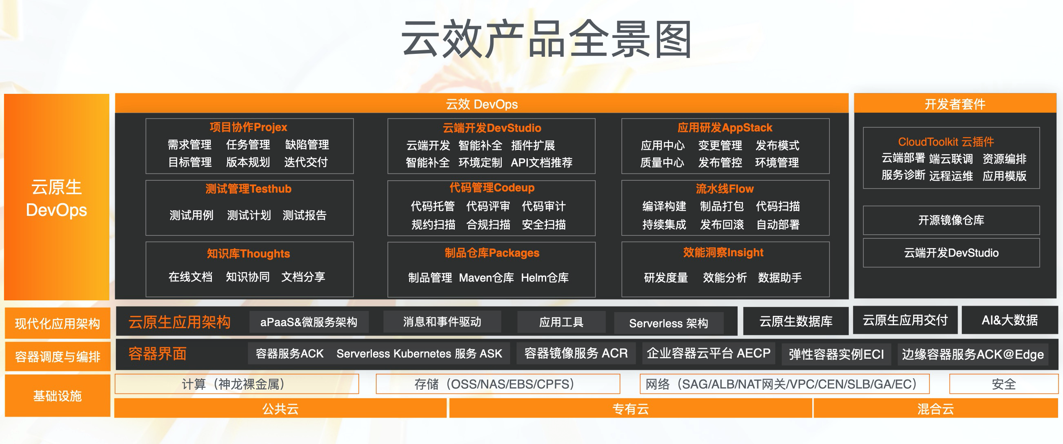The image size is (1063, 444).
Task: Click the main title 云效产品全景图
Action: [x=546, y=40]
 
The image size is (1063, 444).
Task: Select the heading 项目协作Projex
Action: [x=249, y=127]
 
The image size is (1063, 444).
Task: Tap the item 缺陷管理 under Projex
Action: [x=307, y=145]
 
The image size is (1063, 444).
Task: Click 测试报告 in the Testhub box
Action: [x=305, y=215]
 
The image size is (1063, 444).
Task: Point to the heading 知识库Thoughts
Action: [x=249, y=253]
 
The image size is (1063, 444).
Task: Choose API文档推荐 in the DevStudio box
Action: [x=541, y=162]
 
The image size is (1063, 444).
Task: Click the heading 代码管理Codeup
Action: [x=492, y=188]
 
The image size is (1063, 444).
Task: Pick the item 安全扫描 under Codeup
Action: [x=544, y=224]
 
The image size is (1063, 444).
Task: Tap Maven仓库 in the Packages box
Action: [x=487, y=278]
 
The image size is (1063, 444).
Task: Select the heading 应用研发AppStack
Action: [x=725, y=127]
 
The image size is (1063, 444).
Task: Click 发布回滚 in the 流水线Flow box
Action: [x=722, y=224]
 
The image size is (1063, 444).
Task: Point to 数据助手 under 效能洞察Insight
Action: [x=780, y=278]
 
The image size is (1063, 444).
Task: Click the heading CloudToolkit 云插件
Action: [x=946, y=142]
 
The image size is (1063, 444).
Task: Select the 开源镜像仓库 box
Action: [x=951, y=220]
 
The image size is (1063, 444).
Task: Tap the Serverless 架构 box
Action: [x=669, y=323]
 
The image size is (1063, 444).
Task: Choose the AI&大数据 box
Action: [x=1010, y=320]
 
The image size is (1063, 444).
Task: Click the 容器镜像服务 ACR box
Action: [x=576, y=353]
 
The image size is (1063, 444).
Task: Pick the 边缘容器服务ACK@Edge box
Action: [x=973, y=354]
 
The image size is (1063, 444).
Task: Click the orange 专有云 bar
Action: [x=631, y=408]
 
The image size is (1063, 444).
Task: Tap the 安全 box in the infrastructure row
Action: [x=1003, y=384]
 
